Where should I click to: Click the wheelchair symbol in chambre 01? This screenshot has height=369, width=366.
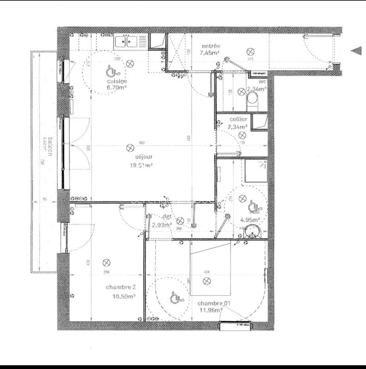pos(175,295)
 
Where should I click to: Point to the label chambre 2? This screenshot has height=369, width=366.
pos(121,287)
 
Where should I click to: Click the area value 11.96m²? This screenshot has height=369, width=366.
pos(209,311)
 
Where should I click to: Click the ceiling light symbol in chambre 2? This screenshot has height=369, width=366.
pos(106,262)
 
